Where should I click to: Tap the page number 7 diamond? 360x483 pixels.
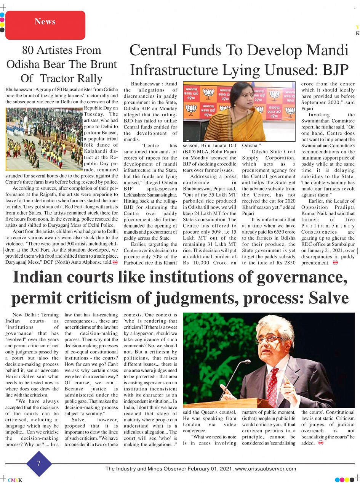click(x=38, y=464)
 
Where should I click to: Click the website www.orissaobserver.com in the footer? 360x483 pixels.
click(x=266, y=469)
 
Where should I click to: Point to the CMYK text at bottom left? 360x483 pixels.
click(x=15, y=480)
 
